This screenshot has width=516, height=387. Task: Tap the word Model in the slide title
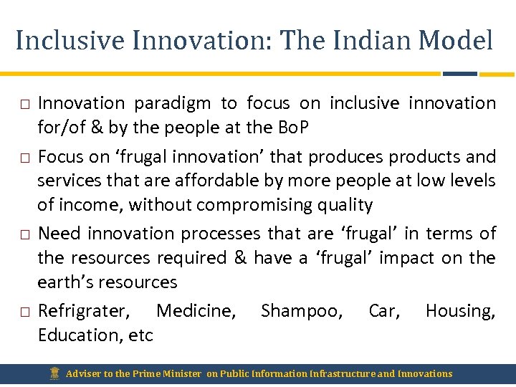[457, 40]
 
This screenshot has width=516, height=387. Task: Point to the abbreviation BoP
[294, 128]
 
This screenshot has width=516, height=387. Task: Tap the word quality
[349, 205]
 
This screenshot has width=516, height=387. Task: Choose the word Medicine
[196, 311]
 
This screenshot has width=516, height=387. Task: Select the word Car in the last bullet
[384, 311]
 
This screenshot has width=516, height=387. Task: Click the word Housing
[460, 311]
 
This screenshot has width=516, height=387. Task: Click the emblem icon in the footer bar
[54, 373]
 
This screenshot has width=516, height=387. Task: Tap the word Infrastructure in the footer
[340, 373]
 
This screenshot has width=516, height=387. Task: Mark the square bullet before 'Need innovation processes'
[24, 234]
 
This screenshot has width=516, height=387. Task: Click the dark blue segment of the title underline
[459, 73]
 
